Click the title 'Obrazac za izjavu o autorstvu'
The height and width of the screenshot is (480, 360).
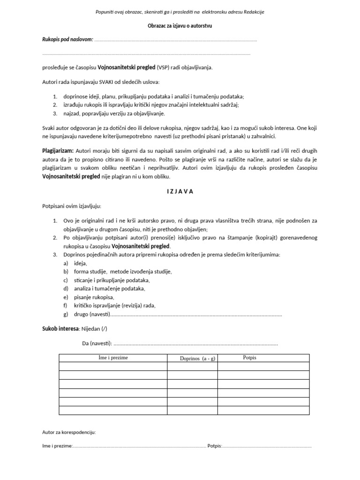[x=180, y=26]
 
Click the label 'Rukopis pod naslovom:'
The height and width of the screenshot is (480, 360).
[x=67, y=40]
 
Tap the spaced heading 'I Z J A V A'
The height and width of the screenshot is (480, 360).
[x=180, y=191]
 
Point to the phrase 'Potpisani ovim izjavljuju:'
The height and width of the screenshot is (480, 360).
[x=71, y=206]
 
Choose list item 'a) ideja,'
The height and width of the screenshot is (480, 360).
[x=75, y=263]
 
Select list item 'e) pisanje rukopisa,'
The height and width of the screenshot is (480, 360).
[x=89, y=297]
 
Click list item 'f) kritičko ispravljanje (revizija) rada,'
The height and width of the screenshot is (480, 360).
[x=109, y=306]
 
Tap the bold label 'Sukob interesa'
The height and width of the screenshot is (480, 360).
[x=60, y=329]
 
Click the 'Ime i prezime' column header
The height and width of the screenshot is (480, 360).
[x=113, y=358]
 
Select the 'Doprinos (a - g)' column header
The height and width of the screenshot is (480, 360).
[x=193, y=359]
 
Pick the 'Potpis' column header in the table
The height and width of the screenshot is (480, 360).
[x=250, y=358]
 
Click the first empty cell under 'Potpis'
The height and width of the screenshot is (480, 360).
[x=263, y=367]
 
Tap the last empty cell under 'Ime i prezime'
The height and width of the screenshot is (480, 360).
[x=113, y=411]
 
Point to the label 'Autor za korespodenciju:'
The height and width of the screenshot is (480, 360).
[x=69, y=432]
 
